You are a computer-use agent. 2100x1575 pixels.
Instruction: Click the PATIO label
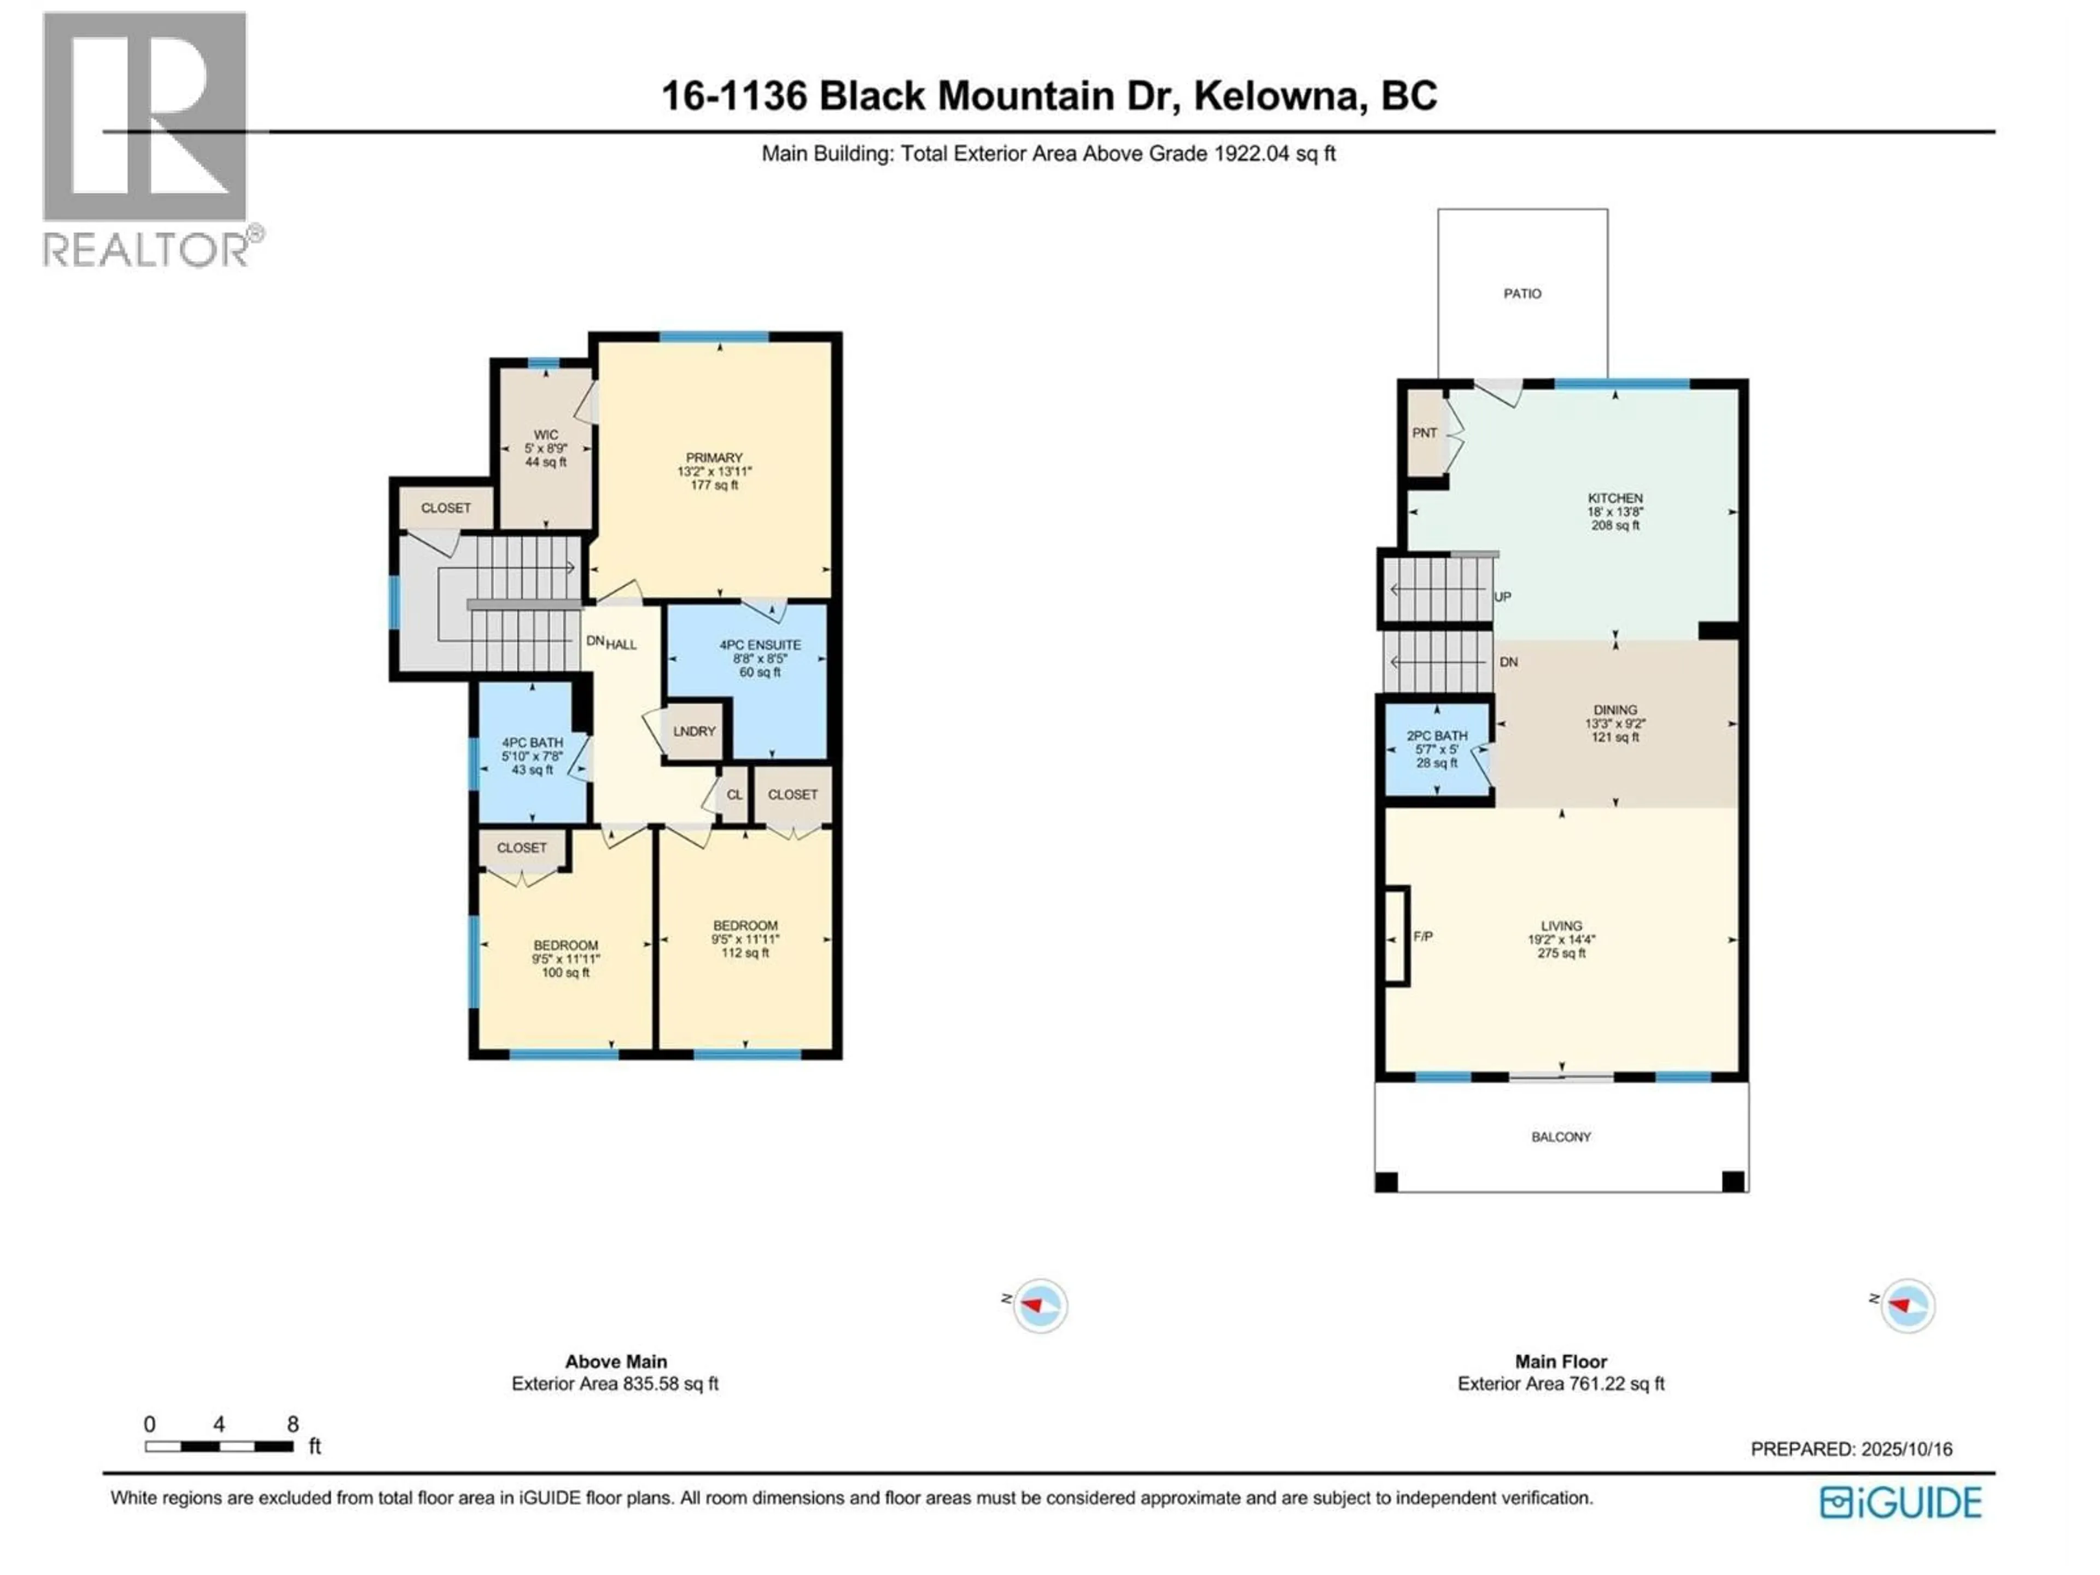click(x=1522, y=293)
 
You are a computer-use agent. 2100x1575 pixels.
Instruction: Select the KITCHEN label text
click(x=1615, y=498)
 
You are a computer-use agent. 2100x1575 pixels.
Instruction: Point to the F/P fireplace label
click(x=1423, y=936)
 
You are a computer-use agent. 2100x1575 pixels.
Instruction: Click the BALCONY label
click(x=1561, y=1136)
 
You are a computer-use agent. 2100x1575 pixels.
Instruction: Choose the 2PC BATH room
click(x=1437, y=749)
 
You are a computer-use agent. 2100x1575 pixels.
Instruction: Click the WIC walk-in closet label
click(x=546, y=435)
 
